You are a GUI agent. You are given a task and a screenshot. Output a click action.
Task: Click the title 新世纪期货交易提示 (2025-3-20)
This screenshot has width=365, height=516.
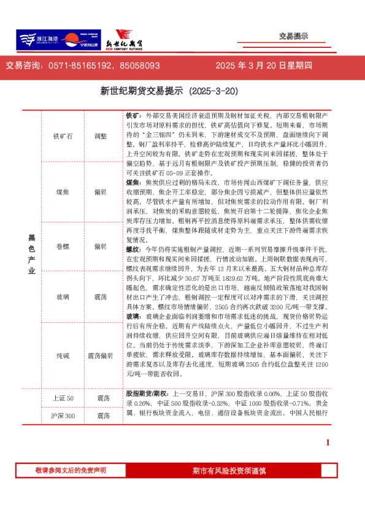coord(169,91)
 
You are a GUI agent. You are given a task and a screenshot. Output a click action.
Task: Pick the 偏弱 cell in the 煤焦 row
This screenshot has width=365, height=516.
coord(100,192)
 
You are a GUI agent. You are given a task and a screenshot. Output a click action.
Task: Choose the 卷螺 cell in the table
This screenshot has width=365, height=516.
coord(63,246)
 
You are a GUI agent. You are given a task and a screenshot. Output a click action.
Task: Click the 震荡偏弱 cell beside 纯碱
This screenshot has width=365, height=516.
coord(100,355)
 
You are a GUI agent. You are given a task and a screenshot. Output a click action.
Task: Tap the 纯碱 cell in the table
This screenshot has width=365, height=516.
coord(63,355)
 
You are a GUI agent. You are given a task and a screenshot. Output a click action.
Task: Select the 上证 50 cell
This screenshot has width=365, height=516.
coord(63,398)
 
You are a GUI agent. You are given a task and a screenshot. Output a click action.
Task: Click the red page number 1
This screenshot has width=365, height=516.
coord(328,443)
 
